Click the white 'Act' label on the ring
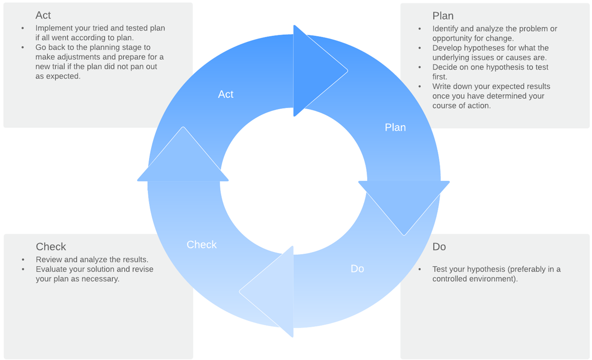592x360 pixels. [226, 94]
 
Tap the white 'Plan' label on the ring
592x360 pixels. [395, 127]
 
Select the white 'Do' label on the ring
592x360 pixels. [357, 269]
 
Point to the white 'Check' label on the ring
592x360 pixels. [201, 245]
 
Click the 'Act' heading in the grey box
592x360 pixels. [43, 15]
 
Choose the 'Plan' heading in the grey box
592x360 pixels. [443, 16]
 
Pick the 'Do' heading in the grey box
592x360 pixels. [439, 247]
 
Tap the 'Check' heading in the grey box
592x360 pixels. [51, 247]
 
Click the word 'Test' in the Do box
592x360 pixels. [440, 269]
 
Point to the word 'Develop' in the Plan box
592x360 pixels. [446, 48]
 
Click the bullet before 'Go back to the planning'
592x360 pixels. [23, 48]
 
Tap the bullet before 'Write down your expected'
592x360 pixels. [420, 87]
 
